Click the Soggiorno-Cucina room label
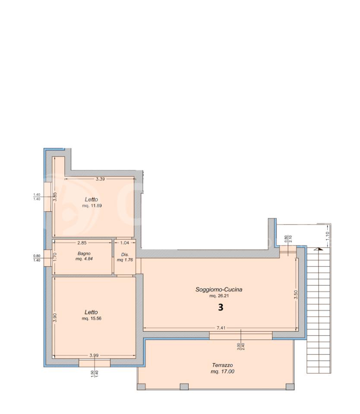218,289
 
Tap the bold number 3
221,307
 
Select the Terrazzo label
222,365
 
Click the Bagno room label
84,254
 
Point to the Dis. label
125,254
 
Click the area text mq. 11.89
92,206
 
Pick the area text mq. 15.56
92,318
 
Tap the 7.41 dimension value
221,328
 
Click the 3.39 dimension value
100,179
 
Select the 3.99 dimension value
94,355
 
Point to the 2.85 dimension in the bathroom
82,243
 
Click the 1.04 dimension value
125,243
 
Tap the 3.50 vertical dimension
296,295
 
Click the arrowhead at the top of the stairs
320,249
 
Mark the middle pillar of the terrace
184,386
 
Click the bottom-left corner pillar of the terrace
141,386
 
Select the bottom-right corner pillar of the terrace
290,386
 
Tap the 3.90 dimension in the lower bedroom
55,318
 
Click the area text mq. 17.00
222,371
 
